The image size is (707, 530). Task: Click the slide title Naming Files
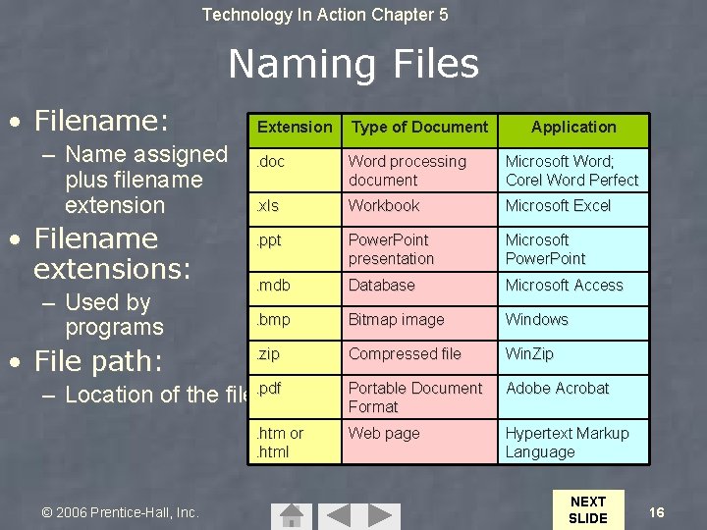[x=353, y=65]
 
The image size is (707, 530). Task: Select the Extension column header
[x=295, y=127]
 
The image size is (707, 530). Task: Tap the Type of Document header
[x=419, y=127]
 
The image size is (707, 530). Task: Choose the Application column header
[x=573, y=127]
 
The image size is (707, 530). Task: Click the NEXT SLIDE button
[x=588, y=509]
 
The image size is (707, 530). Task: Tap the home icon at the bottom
[x=291, y=516]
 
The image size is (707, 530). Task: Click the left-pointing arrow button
[x=338, y=516]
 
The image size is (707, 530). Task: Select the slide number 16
[x=657, y=512]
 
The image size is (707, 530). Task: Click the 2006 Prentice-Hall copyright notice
[x=120, y=512]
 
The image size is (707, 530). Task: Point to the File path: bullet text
[x=98, y=361]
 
